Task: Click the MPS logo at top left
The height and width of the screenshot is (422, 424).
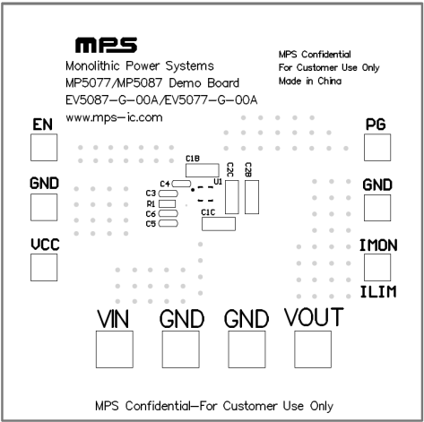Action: click(x=106, y=45)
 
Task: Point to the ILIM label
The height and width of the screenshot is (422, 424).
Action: click(x=378, y=292)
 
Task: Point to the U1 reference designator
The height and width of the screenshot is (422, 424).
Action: click(x=218, y=182)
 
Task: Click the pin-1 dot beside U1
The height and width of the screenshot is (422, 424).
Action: click(x=193, y=190)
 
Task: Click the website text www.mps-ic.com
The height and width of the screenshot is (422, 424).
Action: click(x=114, y=117)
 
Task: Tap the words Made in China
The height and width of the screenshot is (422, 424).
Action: click(x=310, y=81)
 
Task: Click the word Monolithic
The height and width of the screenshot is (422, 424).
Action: click(x=92, y=65)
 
